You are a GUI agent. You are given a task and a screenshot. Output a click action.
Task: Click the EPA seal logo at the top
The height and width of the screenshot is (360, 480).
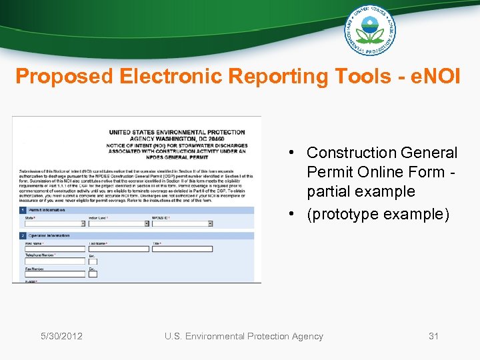pos(370,30)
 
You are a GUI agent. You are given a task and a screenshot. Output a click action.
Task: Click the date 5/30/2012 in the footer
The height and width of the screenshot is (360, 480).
pos(61,336)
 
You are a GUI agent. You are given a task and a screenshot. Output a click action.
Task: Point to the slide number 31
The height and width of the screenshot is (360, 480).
pos(433,336)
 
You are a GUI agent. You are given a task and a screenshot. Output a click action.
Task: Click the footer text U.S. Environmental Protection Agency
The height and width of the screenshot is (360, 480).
pos(244,336)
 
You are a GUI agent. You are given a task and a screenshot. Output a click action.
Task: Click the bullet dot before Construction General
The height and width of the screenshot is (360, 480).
pos(293,153)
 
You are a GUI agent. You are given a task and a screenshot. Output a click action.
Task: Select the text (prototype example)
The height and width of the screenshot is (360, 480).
pos(378,214)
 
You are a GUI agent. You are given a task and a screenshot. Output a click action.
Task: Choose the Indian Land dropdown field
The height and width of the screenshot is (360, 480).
pos(118,223)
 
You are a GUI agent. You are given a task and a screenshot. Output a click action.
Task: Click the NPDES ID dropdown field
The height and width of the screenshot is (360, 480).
pos(182,223)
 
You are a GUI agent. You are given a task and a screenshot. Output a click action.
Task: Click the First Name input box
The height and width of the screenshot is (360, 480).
pos(55,249)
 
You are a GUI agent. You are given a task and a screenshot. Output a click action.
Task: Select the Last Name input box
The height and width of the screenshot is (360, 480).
pos(118,249)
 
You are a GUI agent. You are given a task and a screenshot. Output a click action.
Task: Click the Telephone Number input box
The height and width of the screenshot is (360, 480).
pos(55,261)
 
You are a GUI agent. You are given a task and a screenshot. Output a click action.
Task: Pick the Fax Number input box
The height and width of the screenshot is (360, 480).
pos(55,274)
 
